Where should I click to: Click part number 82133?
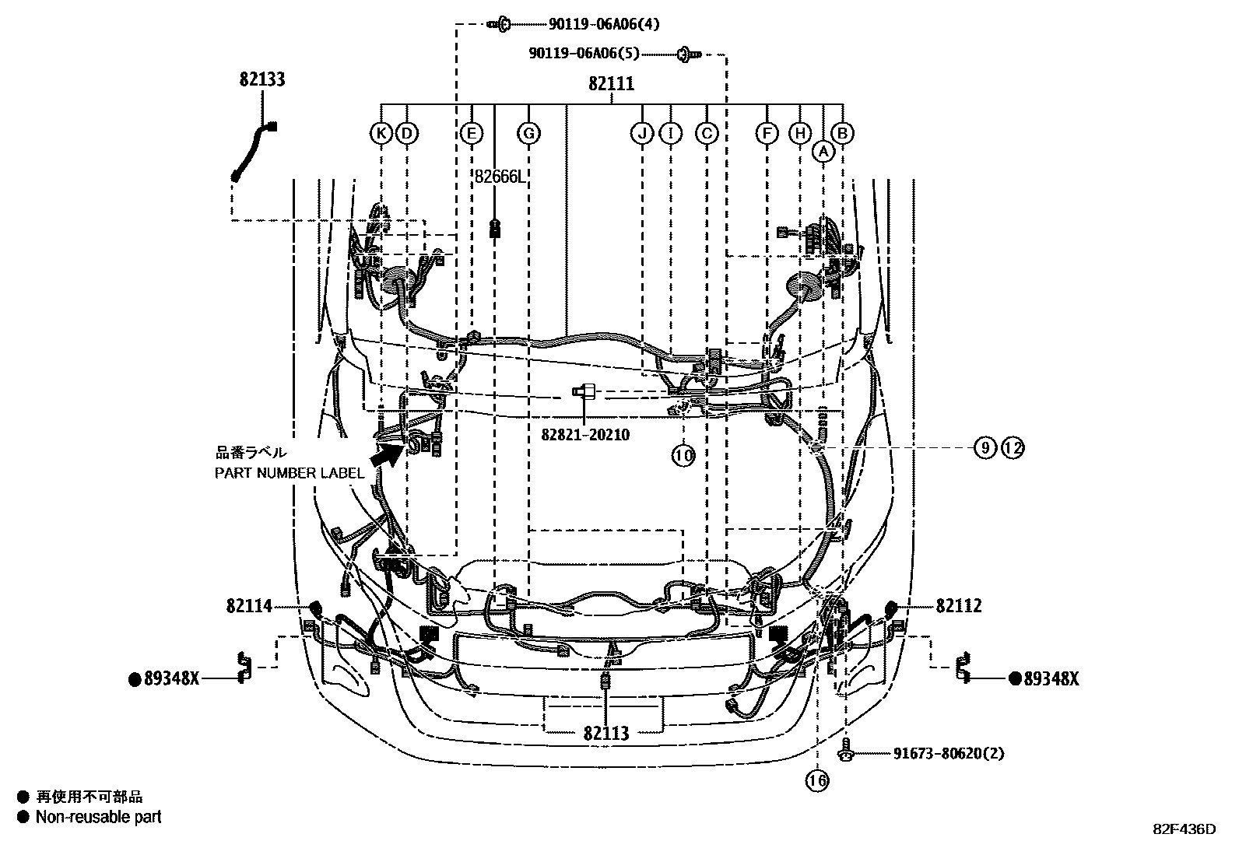click(262, 79)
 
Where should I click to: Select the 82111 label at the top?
click(611, 84)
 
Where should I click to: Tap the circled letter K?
click(381, 134)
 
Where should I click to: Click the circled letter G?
click(528, 134)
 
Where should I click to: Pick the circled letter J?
click(642, 134)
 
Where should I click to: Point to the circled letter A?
click(823, 152)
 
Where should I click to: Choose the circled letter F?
click(767, 134)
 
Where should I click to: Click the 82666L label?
click(500, 177)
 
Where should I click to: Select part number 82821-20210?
click(585, 435)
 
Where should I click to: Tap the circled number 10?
click(683, 455)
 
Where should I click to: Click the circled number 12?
click(1013, 447)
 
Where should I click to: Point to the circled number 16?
click(817, 780)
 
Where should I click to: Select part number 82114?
click(249, 606)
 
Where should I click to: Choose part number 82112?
click(959, 606)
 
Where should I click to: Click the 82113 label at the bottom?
click(605, 733)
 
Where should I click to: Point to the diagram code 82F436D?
click(1184, 829)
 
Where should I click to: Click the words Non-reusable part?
click(98, 817)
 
